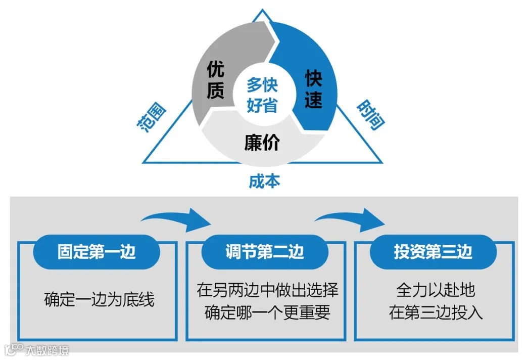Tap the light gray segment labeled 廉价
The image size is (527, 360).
[x=262, y=143]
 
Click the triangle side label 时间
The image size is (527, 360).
[x=369, y=114]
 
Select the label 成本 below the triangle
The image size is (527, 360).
[x=264, y=181]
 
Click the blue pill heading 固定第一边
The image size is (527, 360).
[x=96, y=252]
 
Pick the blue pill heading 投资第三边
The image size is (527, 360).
[x=433, y=252]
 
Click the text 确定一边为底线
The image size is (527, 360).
[x=99, y=300]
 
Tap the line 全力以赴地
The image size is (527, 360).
[x=436, y=291]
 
